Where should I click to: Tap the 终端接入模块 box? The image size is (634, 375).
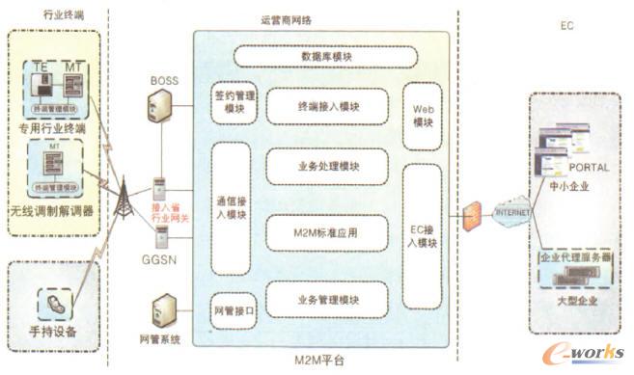(328, 103)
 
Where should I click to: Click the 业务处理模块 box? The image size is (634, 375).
(328, 166)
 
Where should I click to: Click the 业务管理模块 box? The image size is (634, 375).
(328, 300)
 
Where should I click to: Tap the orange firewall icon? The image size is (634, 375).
(472, 216)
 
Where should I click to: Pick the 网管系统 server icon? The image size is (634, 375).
(161, 314)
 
